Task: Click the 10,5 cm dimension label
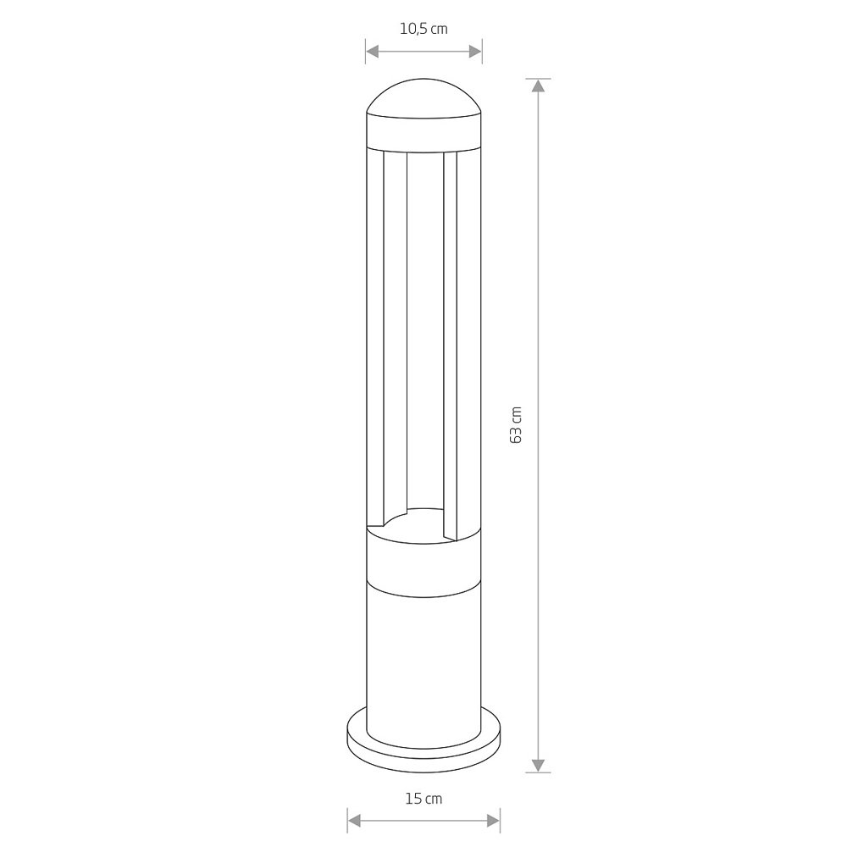[x=423, y=29]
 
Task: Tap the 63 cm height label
[x=516, y=425]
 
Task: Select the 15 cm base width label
[x=423, y=799]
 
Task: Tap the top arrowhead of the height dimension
[x=538, y=86]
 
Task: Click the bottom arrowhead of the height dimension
[x=538, y=766]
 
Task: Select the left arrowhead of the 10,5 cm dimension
[x=373, y=52]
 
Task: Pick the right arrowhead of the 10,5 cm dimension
[x=475, y=52]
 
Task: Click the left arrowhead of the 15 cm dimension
[x=354, y=822]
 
